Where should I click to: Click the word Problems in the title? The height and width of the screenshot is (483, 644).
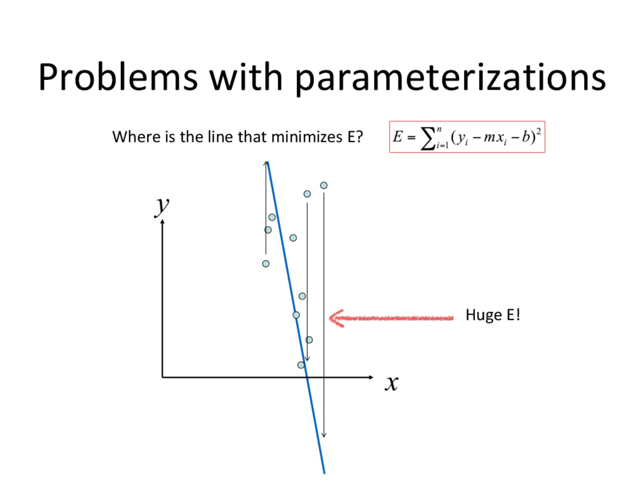(118, 77)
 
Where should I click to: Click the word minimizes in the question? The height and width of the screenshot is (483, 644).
(307, 137)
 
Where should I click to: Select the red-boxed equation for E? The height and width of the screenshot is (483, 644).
(467, 137)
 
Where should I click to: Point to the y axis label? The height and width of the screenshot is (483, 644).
(162, 206)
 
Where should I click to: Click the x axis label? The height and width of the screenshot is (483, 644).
(392, 383)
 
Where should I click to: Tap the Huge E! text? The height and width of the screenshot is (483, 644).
(493, 315)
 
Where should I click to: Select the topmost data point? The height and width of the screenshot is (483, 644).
(324, 185)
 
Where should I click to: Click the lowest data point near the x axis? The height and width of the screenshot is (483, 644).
(301, 365)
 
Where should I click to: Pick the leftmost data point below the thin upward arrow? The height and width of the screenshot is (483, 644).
(266, 264)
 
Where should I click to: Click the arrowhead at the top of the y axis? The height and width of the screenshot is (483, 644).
(162, 222)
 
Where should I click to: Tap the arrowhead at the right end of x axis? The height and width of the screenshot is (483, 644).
(371, 377)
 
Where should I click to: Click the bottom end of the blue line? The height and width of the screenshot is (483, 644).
(324, 473)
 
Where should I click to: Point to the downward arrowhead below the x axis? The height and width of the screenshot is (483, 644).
(324, 435)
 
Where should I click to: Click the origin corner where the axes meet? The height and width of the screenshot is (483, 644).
(162, 377)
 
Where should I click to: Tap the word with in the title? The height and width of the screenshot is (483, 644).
(246, 77)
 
